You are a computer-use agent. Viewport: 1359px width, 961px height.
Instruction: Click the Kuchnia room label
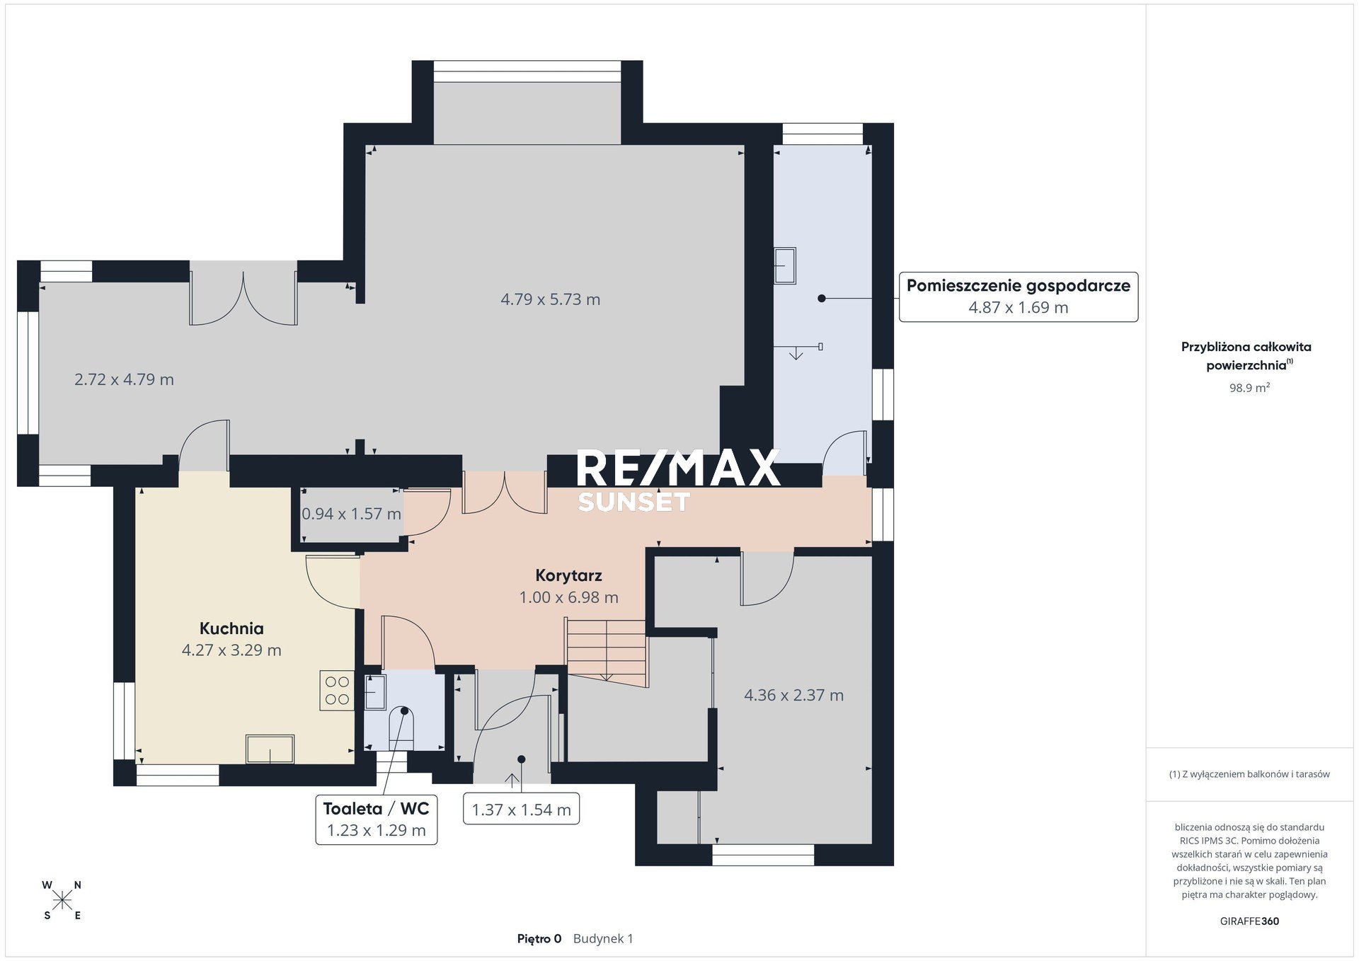pos(231,628)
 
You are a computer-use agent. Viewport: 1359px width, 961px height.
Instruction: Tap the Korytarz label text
pos(568,576)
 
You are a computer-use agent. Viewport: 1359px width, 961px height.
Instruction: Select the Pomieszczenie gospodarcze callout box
pos(1019,297)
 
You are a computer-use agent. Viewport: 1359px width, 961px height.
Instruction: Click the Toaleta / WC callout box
pos(376,819)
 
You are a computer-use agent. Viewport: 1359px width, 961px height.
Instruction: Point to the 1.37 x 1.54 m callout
pos(522,810)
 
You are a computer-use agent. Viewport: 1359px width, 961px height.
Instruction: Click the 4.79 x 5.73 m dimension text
pos(551,299)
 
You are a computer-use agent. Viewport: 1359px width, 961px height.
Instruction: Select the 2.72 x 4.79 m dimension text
pos(124,379)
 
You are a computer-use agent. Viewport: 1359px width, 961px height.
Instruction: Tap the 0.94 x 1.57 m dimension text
pos(351,514)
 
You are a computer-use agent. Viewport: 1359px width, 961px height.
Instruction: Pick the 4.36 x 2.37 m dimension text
pos(793,695)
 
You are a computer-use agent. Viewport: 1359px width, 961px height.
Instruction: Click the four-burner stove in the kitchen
pos(337,690)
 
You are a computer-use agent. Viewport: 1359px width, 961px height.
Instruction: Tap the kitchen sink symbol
pos(270,749)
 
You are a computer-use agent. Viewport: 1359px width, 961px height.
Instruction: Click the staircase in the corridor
pos(607,650)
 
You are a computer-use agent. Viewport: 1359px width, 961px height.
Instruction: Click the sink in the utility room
pos(785,265)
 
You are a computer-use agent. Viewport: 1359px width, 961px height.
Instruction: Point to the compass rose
pos(62,900)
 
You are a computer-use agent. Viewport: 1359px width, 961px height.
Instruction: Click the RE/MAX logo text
pos(678,468)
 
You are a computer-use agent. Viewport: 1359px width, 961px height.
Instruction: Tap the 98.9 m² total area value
pos(1249,388)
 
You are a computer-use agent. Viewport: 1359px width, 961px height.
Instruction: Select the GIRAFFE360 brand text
pos(1249,921)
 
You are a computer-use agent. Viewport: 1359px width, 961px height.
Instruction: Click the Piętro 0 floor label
pos(539,939)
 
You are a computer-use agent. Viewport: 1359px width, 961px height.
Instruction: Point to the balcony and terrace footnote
pos(1249,774)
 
